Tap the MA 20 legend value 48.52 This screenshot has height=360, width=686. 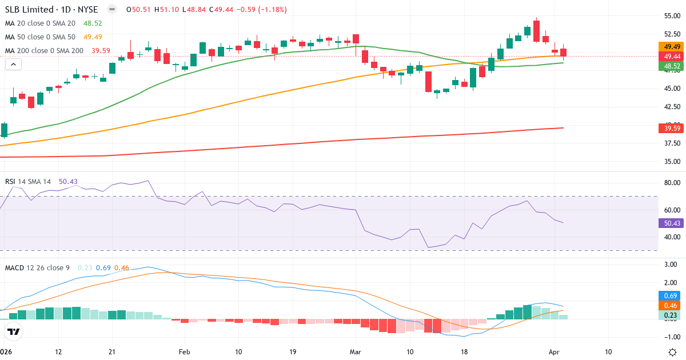click(93, 23)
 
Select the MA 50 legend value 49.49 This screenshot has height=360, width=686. click(93, 37)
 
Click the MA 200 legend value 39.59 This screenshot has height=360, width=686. click(101, 51)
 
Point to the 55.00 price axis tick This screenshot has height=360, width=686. click(672, 16)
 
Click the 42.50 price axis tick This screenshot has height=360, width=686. click(672, 107)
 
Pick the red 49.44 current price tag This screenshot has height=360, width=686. click(672, 57)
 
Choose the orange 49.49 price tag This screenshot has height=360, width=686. click(672, 46)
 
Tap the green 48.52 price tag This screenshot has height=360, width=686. click(672, 66)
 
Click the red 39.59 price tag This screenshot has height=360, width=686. click(672, 128)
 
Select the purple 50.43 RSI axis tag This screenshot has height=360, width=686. click(672, 223)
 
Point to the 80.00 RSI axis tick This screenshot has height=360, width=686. click(672, 183)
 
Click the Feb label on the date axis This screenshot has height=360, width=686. click(184, 352)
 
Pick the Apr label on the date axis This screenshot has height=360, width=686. click(553, 352)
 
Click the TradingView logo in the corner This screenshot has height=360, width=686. click(14, 331)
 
